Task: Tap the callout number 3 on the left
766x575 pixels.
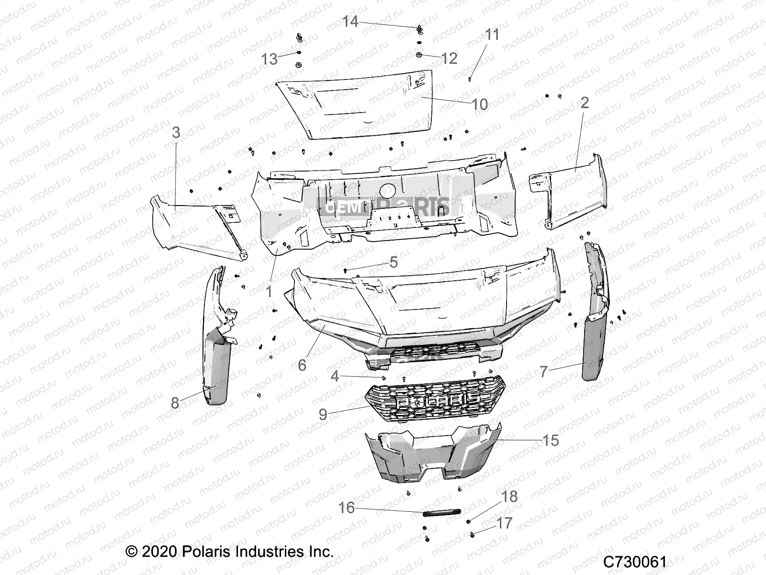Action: point(176,132)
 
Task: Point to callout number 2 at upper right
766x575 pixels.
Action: point(584,103)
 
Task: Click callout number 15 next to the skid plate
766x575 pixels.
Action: point(551,440)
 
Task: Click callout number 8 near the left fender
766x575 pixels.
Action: point(175,403)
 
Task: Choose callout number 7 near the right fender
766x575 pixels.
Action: point(543,372)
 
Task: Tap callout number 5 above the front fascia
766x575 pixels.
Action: point(394,262)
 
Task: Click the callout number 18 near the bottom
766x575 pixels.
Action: point(509,496)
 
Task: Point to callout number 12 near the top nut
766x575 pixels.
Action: point(449,58)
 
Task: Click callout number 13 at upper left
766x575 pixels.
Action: point(270,59)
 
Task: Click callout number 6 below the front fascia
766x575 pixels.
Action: point(302,365)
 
